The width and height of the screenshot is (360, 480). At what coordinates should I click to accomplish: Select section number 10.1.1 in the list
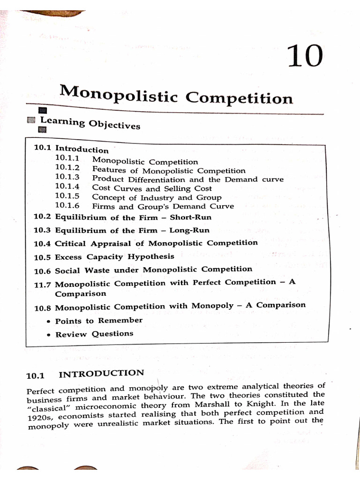(x=67, y=159)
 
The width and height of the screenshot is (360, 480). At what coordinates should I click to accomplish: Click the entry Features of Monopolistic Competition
(x=169, y=171)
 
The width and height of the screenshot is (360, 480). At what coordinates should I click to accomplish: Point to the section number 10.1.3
(x=67, y=177)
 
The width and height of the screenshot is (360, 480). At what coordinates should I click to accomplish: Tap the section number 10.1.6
(x=67, y=205)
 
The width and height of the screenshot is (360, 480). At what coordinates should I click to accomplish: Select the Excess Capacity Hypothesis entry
(x=114, y=257)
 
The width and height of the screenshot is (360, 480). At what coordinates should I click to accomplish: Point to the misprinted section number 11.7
(x=43, y=285)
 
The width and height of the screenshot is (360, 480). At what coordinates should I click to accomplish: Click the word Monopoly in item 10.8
(x=212, y=306)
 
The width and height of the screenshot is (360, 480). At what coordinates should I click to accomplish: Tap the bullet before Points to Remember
(x=49, y=322)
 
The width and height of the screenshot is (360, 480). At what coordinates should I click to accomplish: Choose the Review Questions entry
(x=94, y=334)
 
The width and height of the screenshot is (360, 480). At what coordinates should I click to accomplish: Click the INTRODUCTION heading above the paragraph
(x=101, y=374)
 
